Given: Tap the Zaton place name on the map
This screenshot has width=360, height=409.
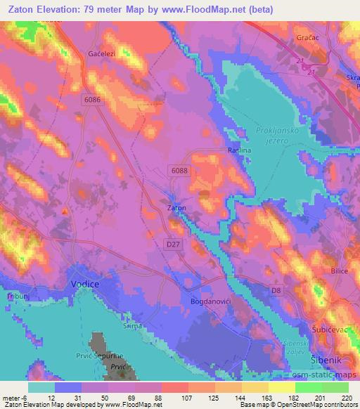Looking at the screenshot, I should [176, 208].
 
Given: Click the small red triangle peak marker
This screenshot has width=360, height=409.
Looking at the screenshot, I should [65, 211].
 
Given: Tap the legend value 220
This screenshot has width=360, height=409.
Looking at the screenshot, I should [345, 397].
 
